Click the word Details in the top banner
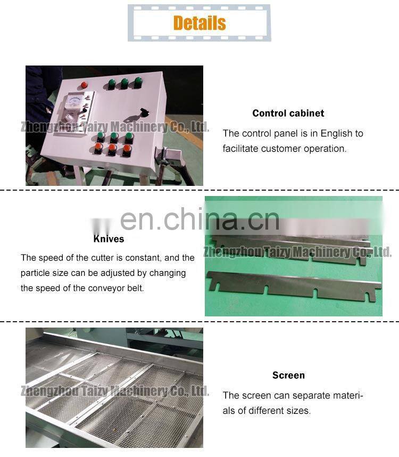click(x=199, y=23)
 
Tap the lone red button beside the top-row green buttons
click(x=84, y=85)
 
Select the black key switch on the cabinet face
click(x=142, y=112)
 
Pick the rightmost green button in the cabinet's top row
click(x=138, y=82)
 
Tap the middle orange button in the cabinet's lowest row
click(x=112, y=149)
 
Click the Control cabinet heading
click(x=288, y=113)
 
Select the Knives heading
click(x=109, y=239)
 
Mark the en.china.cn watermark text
click(x=199, y=218)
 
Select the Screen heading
click(x=288, y=375)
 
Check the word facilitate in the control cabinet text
click(x=242, y=149)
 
